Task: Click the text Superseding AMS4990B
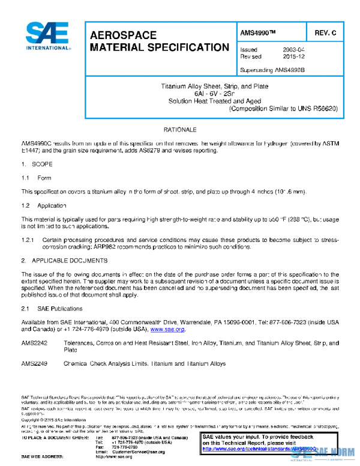(273, 70)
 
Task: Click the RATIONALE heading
(179, 130)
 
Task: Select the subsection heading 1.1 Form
(37, 178)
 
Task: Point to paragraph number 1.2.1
(29, 240)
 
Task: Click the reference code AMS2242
(34, 343)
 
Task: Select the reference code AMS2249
(34, 363)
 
